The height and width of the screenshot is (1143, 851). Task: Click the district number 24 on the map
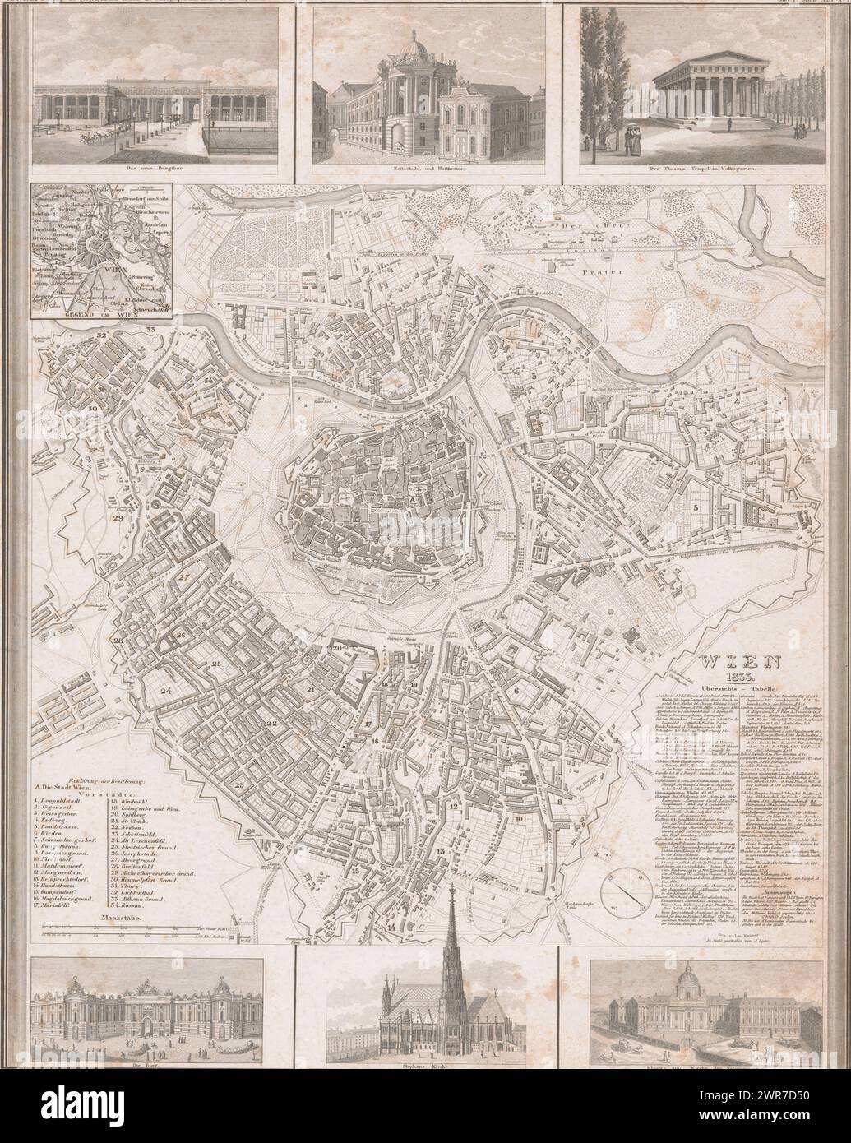click(166, 691)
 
